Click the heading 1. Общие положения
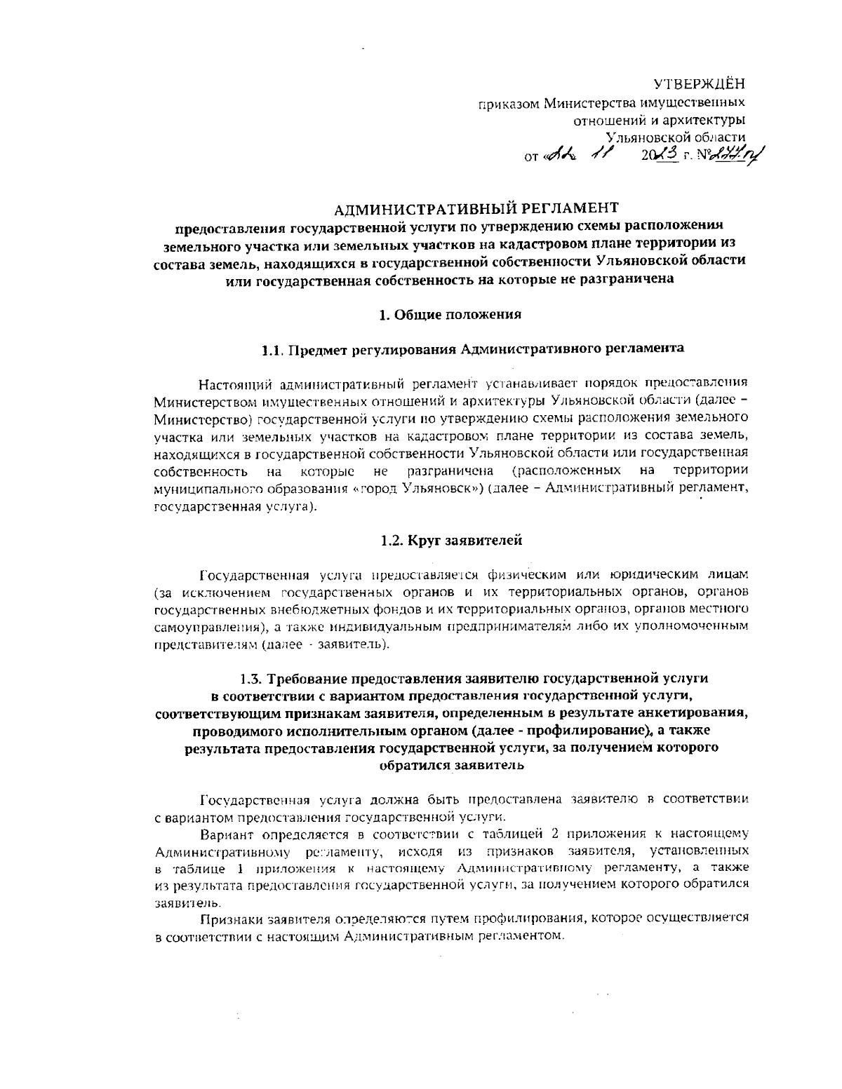click(x=450, y=315)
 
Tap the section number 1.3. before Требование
click(x=250, y=679)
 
